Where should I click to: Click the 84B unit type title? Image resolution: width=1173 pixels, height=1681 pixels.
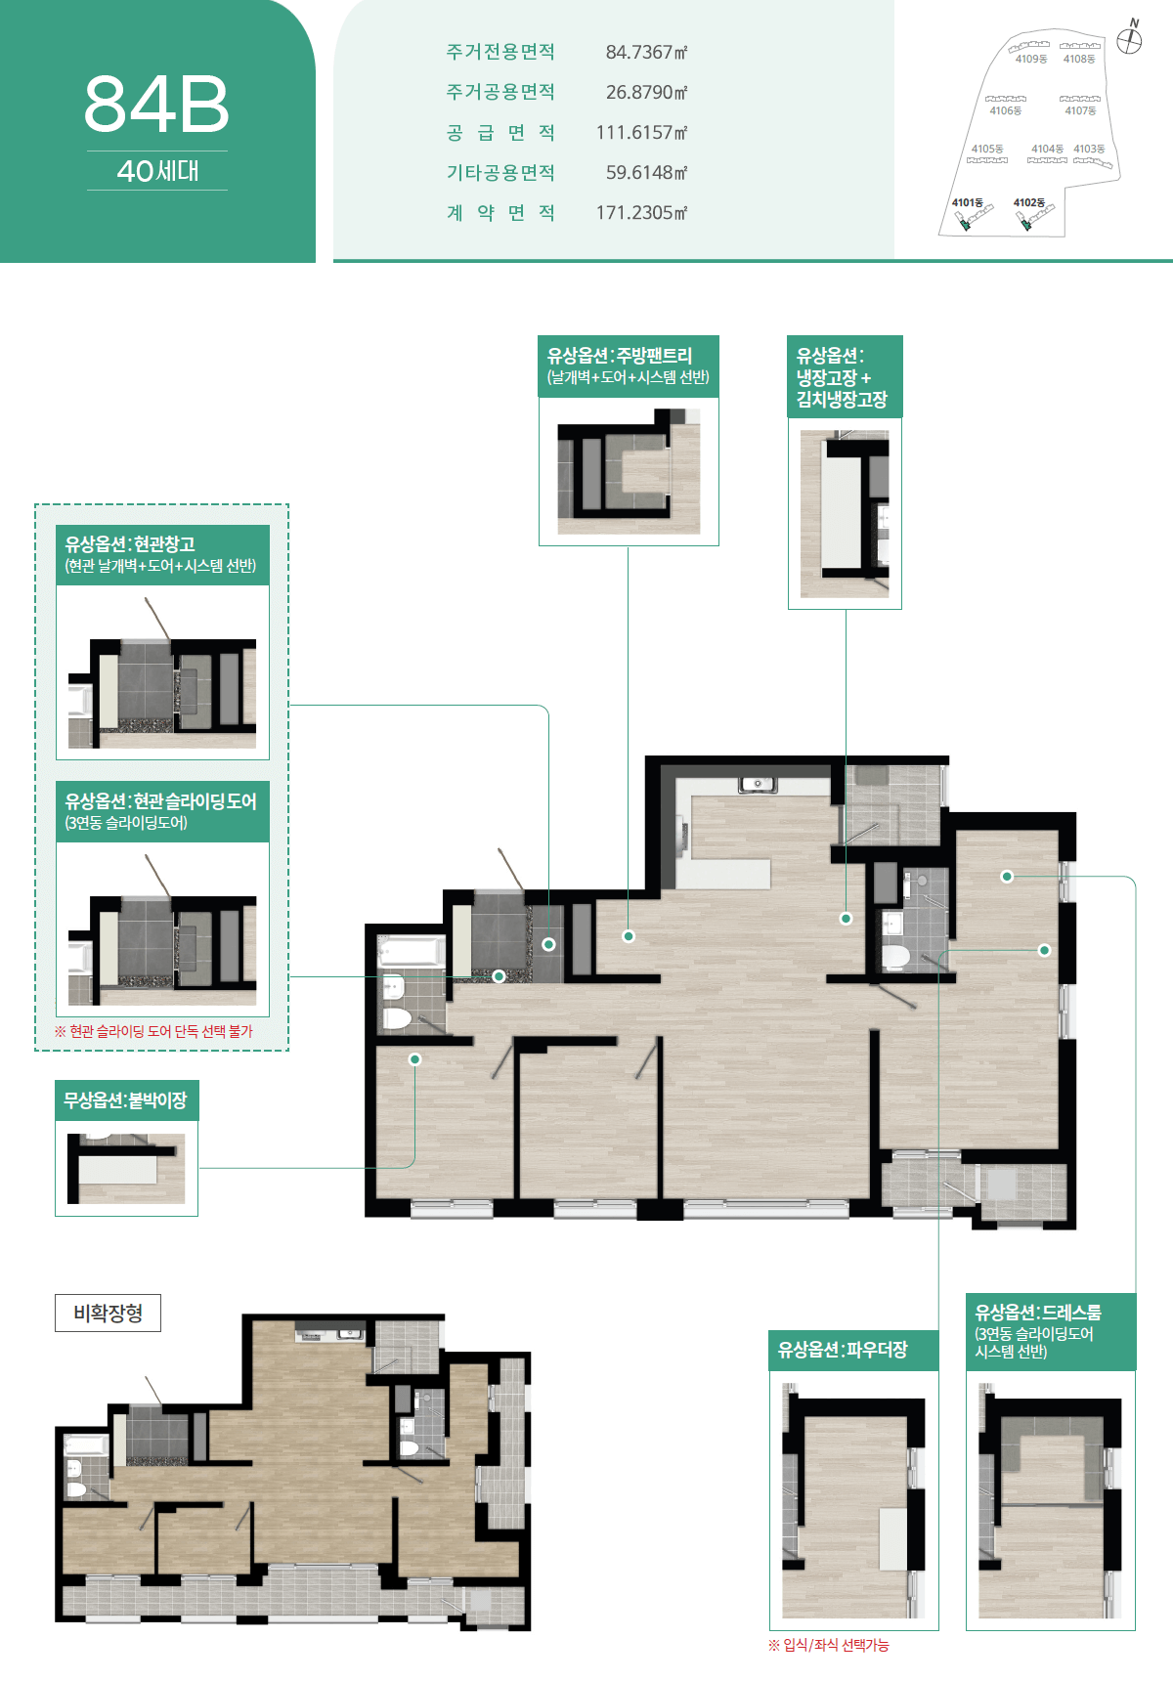[x=156, y=105]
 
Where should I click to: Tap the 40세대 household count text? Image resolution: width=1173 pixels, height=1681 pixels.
[x=157, y=171]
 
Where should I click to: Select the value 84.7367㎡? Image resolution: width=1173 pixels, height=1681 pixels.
[x=646, y=52]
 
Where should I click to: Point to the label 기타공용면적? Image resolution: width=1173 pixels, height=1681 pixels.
[x=500, y=172]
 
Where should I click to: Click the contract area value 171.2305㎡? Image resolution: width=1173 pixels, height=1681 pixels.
[x=641, y=212]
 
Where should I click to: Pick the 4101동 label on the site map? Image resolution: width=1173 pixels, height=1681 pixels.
[x=967, y=202]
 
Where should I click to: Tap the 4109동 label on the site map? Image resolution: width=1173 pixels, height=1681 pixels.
[x=1030, y=59]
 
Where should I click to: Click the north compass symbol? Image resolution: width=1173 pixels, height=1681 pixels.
[x=1130, y=39]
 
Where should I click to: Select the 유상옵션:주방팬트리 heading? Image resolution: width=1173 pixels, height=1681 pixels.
[x=620, y=356]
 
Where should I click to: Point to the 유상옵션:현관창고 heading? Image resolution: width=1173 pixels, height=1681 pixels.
[x=130, y=544]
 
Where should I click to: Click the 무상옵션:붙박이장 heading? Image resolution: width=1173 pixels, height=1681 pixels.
[x=125, y=1100]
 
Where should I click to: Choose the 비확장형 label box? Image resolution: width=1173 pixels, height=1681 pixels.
[x=108, y=1314]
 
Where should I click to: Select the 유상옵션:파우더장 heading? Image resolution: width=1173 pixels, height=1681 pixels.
[x=843, y=1350]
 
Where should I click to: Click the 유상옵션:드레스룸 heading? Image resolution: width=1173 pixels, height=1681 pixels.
[x=1038, y=1313]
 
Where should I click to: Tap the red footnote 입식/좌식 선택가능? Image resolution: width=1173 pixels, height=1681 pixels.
[x=829, y=1645]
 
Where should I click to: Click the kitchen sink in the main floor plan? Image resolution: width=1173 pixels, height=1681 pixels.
[x=757, y=784]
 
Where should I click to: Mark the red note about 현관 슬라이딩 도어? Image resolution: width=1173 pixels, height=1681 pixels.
[x=153, y=1031]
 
